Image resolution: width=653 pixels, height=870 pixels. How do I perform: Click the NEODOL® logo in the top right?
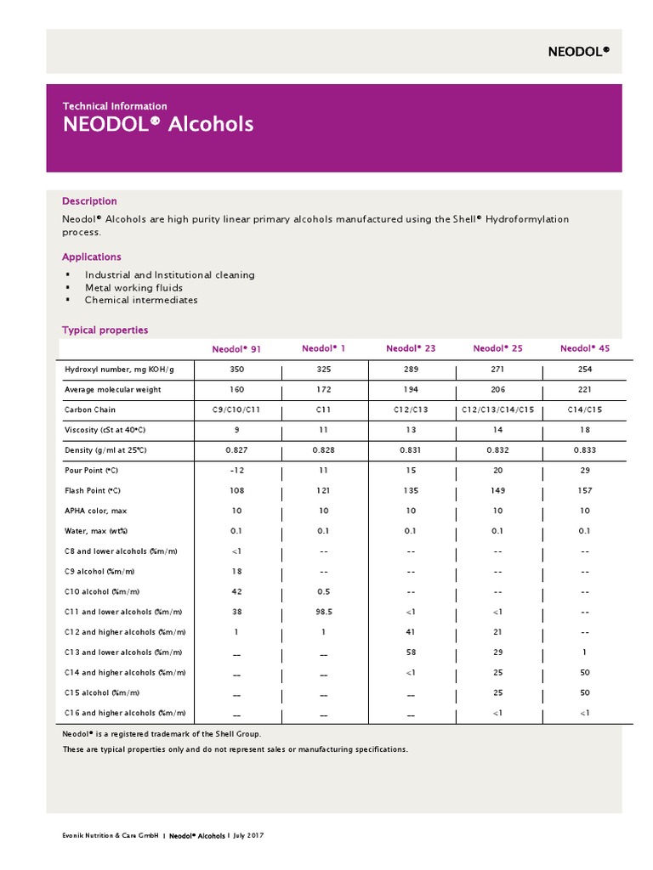(x=578, y=52)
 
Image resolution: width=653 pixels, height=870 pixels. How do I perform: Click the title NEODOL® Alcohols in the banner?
(x=158, y=125)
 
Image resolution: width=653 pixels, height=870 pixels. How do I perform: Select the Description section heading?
(x=89, y=201)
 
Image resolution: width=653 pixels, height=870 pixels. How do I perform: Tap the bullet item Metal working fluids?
(x=133, y=288)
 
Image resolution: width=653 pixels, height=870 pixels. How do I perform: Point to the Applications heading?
(x=92, y=257)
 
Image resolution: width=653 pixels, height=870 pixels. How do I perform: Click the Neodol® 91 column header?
(x=236, y=349)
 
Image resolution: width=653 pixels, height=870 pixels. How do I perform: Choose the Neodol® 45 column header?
(x=584, y=348)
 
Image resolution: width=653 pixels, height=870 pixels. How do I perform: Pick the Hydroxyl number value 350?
(x=237, y=370)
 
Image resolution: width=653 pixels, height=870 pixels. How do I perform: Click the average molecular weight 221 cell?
(x=584, y=390)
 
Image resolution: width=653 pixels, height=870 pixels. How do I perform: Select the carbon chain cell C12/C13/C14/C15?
(x=497, y=410)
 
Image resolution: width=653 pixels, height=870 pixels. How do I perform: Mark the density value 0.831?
(x=410, y=450)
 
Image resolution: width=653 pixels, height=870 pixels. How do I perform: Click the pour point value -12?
(x=236, y=470)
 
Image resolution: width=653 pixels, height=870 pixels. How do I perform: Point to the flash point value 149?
(x=497, y=490)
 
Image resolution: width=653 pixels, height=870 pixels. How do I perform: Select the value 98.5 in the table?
(x=324, y=612)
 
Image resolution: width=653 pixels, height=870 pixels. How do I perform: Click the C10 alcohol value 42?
(x=237, y=592)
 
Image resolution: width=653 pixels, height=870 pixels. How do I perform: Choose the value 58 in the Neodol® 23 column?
(x=410, y=652)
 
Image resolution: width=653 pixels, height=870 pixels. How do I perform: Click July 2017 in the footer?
(x=247, y=837)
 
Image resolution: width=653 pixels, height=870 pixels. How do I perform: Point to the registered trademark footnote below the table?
(x=162, y=733)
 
